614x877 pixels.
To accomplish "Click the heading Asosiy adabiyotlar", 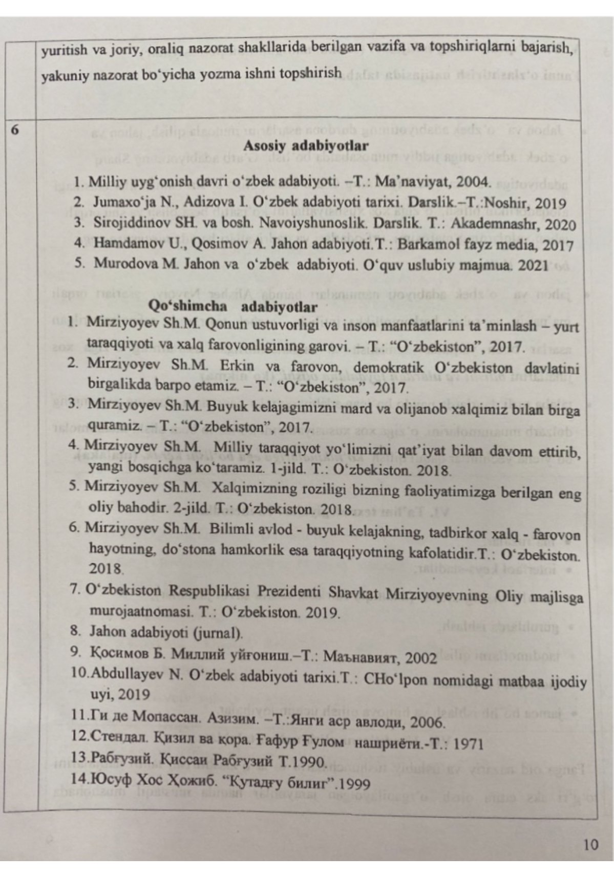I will [306, 145].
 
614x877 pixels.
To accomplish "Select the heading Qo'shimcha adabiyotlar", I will [232, 307].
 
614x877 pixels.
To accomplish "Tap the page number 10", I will [590, 844].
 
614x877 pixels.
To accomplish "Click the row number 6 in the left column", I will [15, 130].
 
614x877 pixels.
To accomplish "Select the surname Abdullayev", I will [128, 674].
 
